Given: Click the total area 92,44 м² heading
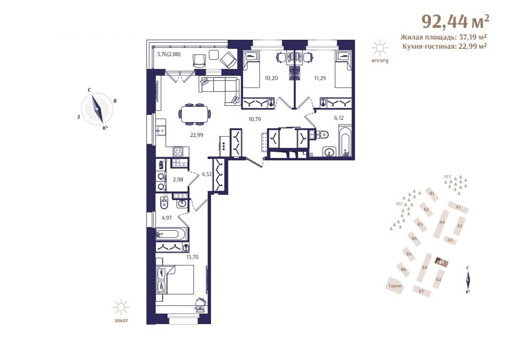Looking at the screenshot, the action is pyautogui.click(x=455, y=21).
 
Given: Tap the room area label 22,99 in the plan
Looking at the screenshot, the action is pyautogui.click(x=197, y=135).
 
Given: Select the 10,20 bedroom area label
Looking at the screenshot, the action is pyautogui.click(x=271, y=78).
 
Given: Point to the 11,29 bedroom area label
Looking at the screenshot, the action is pyautogui.click(x=320, y=78).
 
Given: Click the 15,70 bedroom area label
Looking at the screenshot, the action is pyautogui.click(x=192, y=257).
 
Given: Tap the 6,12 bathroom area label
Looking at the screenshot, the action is pyautogui.click(x=339, y=118).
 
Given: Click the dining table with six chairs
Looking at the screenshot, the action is pyautogui.click(x=195, y=114).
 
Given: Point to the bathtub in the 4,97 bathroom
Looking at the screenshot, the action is pyautogui.click(x=172, y=234).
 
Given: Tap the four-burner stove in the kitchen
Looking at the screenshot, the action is pyautogui.click(x=178, y=152).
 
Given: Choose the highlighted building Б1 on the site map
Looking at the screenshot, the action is pyautogui.click(x=442, y=262).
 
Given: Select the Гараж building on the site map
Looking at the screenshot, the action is pyautogui.click(x=395, y=286).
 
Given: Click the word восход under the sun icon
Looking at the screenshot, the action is pyautogui.click(x=380, y=61).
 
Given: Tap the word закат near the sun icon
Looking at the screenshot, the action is pyautogui.click(x=121, y=320).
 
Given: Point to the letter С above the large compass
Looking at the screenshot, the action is pyautogui.click(x=89, y=90).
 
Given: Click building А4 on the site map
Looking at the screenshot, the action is pyautogui.click(x=442, y=223).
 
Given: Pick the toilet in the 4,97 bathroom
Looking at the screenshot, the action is pyautogui.click(x=164, y=203).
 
